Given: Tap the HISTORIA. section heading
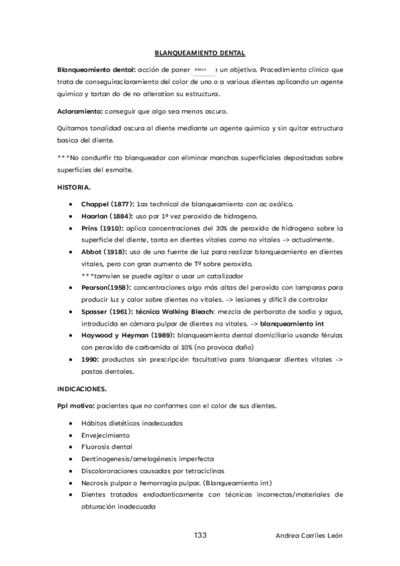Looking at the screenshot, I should tap(73, 188).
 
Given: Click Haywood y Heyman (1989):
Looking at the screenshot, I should tap(127, 335).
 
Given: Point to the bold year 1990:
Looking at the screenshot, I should tap(90, 359).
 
